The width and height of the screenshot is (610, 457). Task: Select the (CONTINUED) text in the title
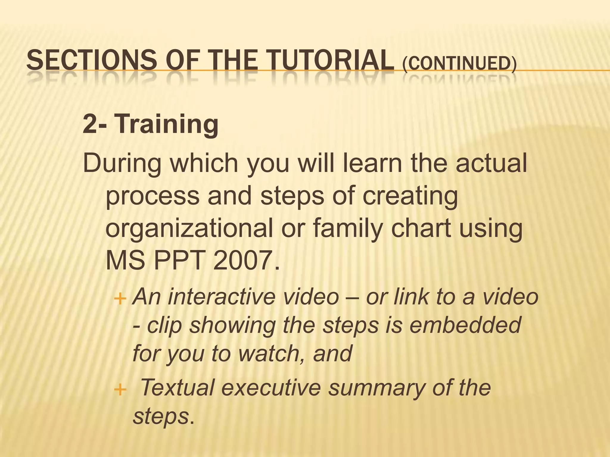459,63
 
